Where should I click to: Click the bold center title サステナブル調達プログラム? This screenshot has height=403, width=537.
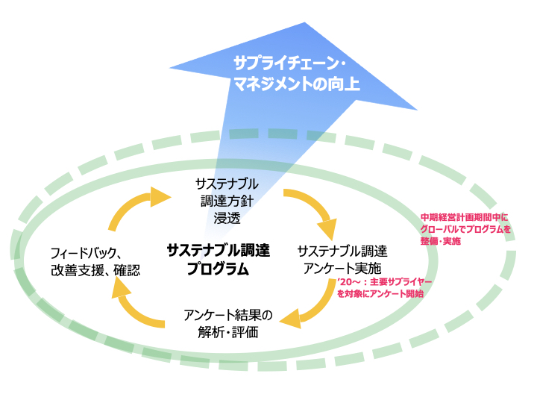pyautogui.click(x=218, y=260)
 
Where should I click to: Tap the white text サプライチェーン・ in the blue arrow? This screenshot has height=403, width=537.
pyautogui.click(x=289, y=63)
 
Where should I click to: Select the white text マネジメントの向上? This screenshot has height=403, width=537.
pyautogui.click(x=297, y=84)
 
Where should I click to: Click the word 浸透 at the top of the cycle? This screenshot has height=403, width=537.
pyautogui.click(x=227, y=218)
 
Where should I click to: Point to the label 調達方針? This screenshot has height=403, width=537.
pyautogui.click(x=227, y=201)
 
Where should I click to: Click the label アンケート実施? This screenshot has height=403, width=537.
pyautogui.click(x=342, y=269)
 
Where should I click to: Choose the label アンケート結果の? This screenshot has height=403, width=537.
pyautogui.click(x=228, y=315)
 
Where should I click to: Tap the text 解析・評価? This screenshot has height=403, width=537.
pyautogui.click(x=228, y=332)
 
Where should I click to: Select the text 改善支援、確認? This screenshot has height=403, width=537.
pyautogui.click(x=95, y=270)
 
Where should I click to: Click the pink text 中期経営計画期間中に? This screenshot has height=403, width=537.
pyautogui.click(x=465, y=217)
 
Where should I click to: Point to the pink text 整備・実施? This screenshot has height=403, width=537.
pyautogui.click(x=441, y=241)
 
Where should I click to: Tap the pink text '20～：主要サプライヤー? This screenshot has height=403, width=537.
pyautogui.click(x=384, y=282)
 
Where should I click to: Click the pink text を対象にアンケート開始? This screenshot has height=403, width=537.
pyautogui.click(x=380, y=294)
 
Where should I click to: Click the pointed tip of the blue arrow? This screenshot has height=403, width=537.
pyautogui.click(x=304, y=22)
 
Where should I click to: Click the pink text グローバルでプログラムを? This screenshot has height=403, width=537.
pyautogui.click(x=465, y=229)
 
